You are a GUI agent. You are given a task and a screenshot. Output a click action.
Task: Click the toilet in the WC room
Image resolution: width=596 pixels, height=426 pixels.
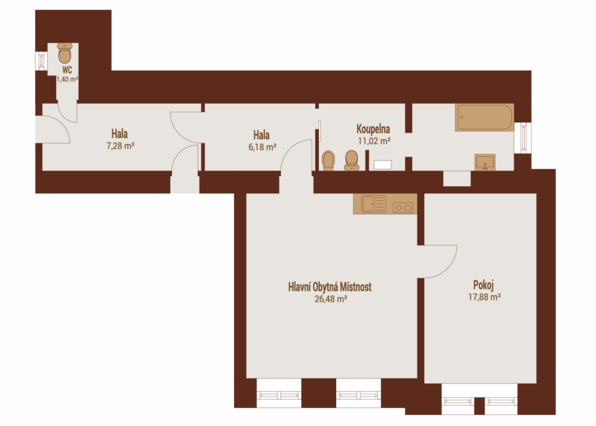(x=65, y=53)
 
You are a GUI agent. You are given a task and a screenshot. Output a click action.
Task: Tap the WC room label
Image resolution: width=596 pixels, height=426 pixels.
(x=67, y=70)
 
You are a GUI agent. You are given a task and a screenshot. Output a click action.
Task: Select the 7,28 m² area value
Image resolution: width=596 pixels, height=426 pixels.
(x=120, y=146)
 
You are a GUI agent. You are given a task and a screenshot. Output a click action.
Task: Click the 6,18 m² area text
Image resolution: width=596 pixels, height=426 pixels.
(x=262, y=147)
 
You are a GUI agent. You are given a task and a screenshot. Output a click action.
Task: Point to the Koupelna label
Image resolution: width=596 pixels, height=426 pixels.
(x=373, y=129)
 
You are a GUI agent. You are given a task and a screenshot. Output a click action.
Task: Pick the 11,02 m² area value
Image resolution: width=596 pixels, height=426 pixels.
(x=374, y=141)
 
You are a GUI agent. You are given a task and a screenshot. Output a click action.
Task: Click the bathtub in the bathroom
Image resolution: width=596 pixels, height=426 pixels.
(x=485, y=117)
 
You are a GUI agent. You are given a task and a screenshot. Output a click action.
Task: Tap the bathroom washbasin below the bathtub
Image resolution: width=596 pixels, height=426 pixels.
(x=485, y=162)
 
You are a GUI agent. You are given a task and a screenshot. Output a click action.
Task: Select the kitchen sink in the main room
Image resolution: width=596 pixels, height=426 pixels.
(x=374, y=203)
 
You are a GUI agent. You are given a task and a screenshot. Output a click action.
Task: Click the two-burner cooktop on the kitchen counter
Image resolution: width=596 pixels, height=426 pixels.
(x=403, y=208)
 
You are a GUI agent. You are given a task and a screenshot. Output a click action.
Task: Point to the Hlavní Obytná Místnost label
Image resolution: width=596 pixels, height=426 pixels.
(x=329, y=287)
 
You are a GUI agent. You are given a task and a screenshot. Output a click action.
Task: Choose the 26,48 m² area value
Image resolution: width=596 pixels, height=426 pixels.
(x=331, y=299)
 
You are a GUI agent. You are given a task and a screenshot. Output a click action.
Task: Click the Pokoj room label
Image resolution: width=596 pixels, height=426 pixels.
(x=484, y=285)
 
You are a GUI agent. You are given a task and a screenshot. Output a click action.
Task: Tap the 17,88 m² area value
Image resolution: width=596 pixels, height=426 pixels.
(x=484, y=297)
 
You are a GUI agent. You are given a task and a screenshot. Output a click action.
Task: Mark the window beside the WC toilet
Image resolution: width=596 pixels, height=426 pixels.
(x=41, y=60)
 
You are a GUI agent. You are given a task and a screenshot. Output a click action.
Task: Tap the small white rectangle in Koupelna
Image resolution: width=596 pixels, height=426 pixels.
(x=382, y=165)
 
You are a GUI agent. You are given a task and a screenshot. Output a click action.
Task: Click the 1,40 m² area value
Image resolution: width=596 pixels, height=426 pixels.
(x=67, y=79)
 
